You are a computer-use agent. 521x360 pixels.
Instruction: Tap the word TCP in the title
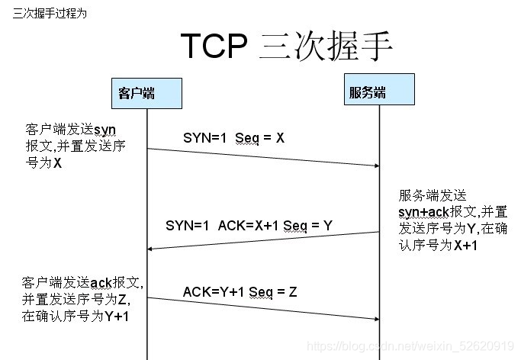(x=214, y=47)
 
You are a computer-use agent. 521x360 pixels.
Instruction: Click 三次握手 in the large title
(x=326, y=47)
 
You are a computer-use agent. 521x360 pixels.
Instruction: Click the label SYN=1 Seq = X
(x=233, y=138)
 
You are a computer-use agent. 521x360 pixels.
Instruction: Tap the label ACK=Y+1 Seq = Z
(x=240, y=291)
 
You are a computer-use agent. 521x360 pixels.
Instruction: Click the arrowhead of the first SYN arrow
(x=375, y=165)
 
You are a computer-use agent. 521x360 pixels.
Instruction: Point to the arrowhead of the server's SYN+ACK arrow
(x=151, y=249)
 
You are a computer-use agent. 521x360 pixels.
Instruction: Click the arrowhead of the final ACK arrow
(x=375, y=320)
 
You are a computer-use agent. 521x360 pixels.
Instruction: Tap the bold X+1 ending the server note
(x=466, y=245)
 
